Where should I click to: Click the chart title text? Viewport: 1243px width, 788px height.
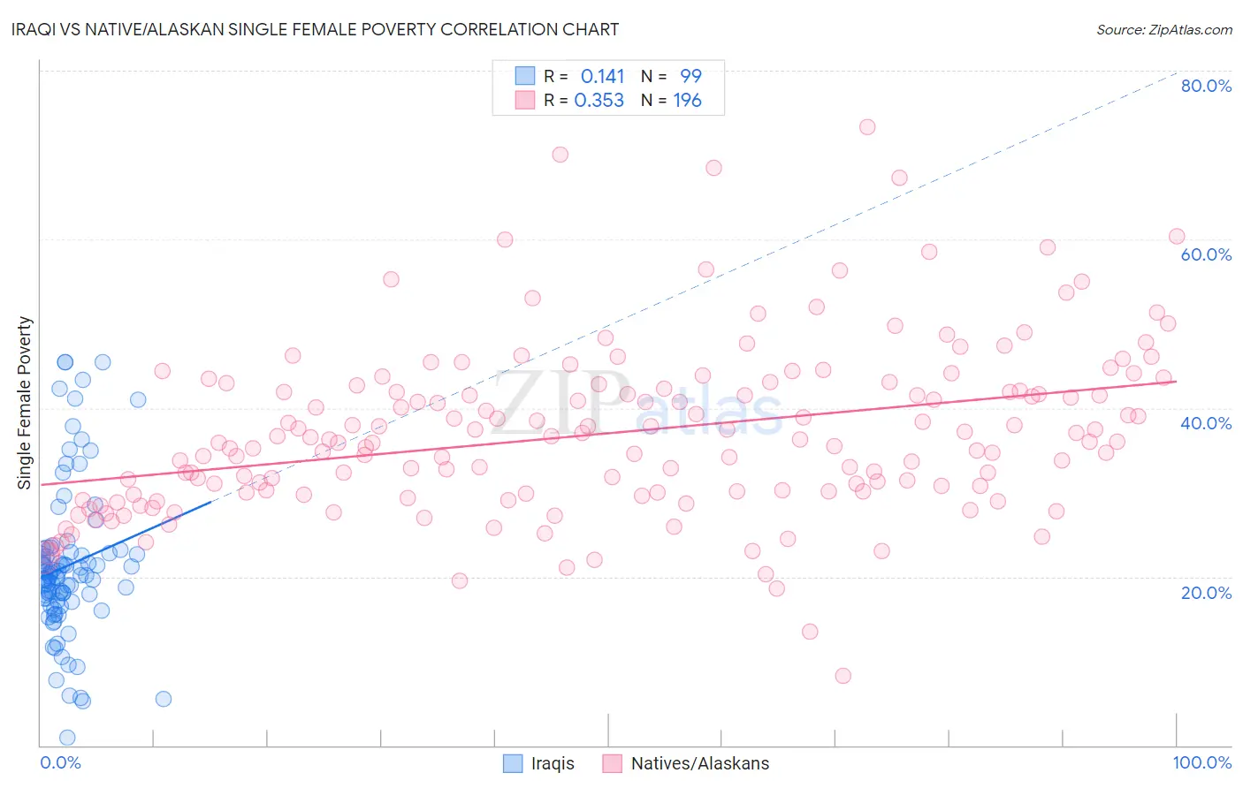(316, 29)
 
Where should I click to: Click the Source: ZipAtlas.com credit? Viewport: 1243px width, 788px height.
(1163, 29)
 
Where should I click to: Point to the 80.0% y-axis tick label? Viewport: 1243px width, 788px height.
(1206, 86)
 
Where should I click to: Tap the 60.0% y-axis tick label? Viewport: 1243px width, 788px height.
(1206, 254)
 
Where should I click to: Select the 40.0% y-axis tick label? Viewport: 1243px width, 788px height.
(1206, 423)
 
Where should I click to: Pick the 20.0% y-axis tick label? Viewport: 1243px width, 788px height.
(1206, 592)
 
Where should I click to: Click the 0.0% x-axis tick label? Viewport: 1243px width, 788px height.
(60, 762)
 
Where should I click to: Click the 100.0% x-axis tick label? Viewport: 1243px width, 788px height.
(1201, 762)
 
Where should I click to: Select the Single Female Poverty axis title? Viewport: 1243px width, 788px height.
(25, 403)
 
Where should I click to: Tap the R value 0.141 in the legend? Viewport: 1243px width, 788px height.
(602, 77)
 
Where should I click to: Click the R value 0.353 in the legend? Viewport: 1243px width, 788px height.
(599, 101)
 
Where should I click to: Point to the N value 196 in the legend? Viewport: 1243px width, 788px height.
(687, 101)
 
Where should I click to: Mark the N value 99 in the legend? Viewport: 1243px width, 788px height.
(690, 77)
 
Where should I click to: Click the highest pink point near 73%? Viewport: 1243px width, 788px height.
(867, 127)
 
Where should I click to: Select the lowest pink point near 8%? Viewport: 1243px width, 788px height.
(843, 676)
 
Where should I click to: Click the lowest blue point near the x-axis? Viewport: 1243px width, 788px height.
(67, 738)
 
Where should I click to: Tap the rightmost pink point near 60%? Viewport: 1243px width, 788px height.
(1177, 236)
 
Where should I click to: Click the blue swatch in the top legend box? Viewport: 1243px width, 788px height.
(525, 76)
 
